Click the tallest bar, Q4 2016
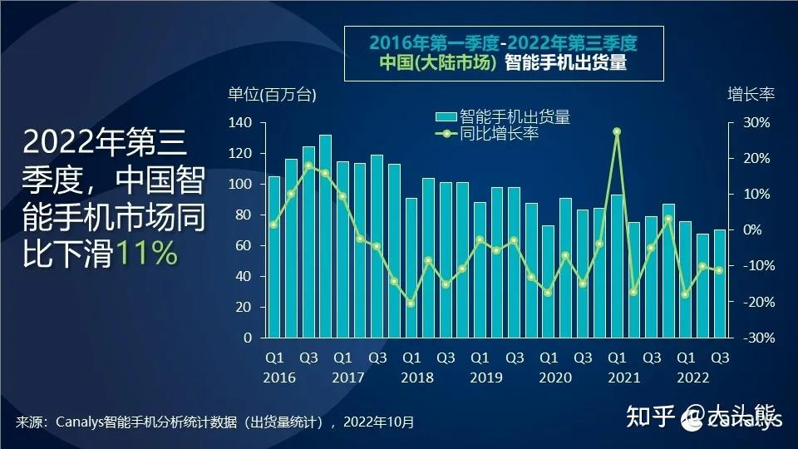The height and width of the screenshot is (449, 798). click(x=325, y=236)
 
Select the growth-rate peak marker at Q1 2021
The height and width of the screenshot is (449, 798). click(x=617, y=131)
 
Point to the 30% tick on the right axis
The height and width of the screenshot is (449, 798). click(x=756, y=123)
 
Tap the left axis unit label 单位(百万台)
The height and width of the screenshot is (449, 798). click(x=273, y=95)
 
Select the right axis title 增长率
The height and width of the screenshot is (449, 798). click(x=751, y=93)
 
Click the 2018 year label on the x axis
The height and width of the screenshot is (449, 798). click(x=411, y=377)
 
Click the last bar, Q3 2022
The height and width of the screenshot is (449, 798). click(x=720, y=284)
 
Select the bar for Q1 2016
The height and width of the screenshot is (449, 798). click(x=274, y=257)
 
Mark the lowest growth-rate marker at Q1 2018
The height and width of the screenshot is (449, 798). click(x=411, y=303)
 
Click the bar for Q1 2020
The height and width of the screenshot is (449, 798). click(x=548, y=282)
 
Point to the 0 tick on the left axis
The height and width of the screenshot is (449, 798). click(x=247, y=338)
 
